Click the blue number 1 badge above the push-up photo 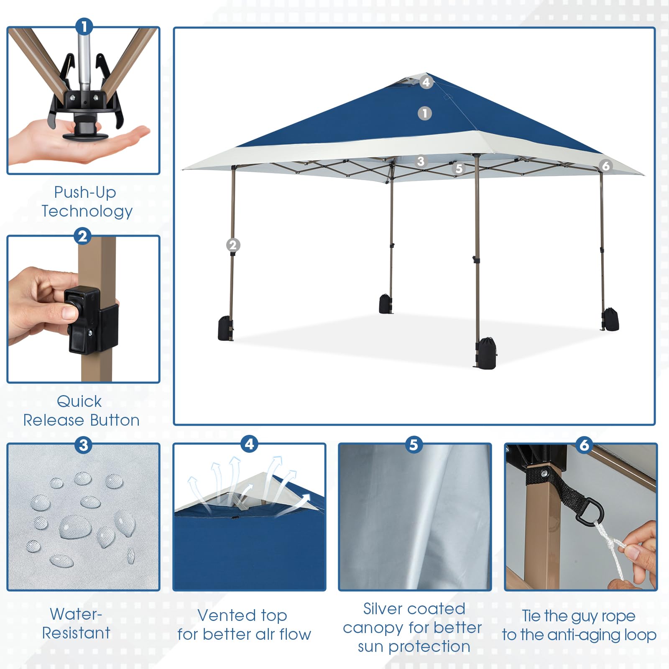[x=84, y=27]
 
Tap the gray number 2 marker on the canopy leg [x=233, y=245]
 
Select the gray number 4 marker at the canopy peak [x=426, y=82]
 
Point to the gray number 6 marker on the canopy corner [x=605, y=166]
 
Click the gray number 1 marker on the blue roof [x=425, y=113]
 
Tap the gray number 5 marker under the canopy [x=459, y=169]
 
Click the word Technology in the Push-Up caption [x=87, y=212]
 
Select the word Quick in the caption [x=79, y=401]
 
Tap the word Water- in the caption [x=76, y=614]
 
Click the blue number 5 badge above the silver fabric [x=414, y=444]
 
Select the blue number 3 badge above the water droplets [x=84, y=445]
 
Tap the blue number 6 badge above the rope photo [x=585, y=445]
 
